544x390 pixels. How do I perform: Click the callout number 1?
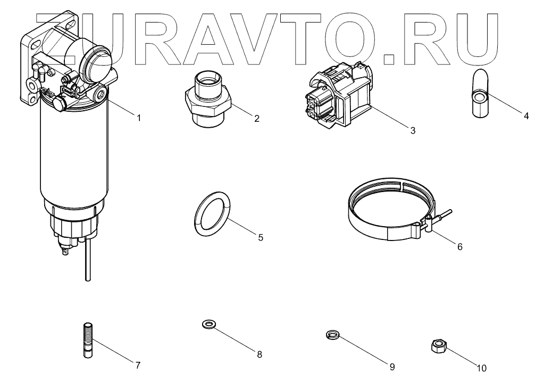click(x=139, y=118)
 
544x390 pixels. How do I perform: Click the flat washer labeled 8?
click(x=209, y=324)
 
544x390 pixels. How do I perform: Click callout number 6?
click(x=460, y=246)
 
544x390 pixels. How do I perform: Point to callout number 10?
click(x=481, y=367)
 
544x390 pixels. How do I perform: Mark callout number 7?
click(x=137, y=365)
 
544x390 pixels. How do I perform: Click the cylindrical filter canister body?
click(x=74, y=154)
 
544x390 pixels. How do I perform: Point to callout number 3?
click(x=413, y=130)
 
